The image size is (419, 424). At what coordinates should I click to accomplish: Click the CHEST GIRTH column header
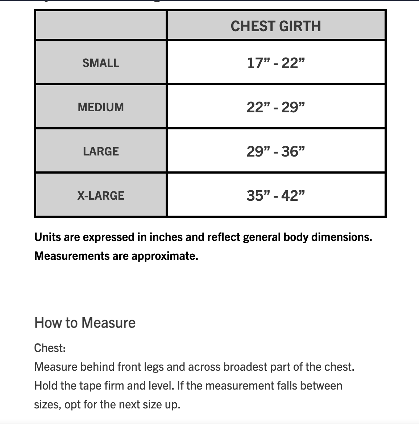[276, 26]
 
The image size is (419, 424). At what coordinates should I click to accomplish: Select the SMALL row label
[101, 63]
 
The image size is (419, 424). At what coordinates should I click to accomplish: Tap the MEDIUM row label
[101, 107]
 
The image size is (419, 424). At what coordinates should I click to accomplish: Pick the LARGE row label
[101, 151]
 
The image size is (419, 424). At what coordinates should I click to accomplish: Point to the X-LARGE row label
[101, 196]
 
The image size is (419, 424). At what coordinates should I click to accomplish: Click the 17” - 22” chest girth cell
[276, 63]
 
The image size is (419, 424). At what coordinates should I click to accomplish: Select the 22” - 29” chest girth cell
[276, 107]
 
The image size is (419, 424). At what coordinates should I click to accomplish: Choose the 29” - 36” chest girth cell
[276, 151]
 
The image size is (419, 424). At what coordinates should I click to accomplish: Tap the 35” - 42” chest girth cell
[276, 196]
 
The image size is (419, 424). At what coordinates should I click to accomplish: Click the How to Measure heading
[85, 323]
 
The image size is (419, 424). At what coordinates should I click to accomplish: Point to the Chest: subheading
[50, 348]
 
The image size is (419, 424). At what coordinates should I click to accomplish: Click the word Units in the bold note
[47, 237]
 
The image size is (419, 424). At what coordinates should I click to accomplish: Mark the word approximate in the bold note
[165, 256]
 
